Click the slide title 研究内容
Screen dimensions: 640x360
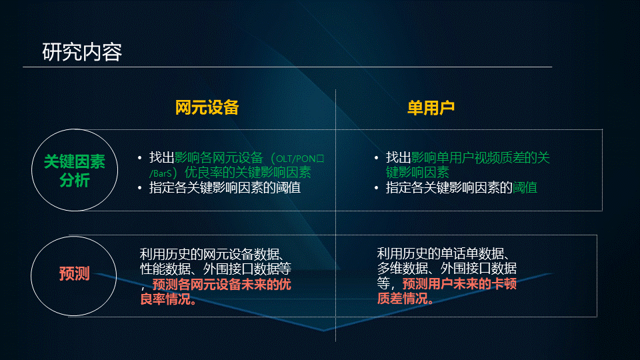tap(82, 52)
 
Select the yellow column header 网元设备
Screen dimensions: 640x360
tap(207, 108)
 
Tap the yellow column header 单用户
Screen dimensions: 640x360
tap(431, 108)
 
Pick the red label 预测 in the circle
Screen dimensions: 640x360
tap(74, 273)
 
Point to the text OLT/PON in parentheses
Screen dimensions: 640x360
tap(297, 159)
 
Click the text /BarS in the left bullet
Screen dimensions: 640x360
tap(161, 173)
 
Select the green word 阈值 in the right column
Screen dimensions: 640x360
tap(525, 188)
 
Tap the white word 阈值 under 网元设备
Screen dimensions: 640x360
tap(288, 188)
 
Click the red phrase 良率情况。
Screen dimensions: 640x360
tap(169, 299)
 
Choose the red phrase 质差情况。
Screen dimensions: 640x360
tap(405, 299)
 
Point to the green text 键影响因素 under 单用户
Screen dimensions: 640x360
tap(417, 172)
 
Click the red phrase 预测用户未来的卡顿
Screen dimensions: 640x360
tap(459, 284)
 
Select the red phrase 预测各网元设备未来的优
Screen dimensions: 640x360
tap(221, 284)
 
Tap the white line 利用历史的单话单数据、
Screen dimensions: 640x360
tap(443, 254)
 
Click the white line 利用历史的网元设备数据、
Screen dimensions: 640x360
tap(212, 254)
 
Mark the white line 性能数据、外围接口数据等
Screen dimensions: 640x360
tap(215, 269)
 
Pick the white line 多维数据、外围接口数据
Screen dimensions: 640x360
tap(447, 269)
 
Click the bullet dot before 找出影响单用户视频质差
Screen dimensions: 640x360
tap(376, 158)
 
